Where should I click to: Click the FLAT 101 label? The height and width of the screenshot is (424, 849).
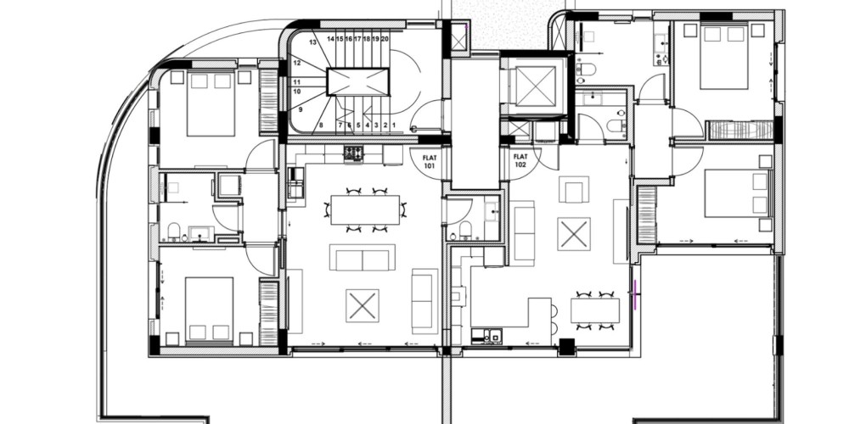[x=429, y=162]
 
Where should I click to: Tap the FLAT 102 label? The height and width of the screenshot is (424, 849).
[x=520, y=160]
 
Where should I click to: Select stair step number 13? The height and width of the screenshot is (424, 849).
[x=312, y=42]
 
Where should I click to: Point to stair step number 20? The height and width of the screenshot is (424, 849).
[x=385, y=39]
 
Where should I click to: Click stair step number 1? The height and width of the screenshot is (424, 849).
[x=394, y=125]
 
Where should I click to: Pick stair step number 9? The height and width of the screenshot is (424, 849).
[x=300, y=109]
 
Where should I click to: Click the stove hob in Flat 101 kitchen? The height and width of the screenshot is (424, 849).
[x=354, y=153]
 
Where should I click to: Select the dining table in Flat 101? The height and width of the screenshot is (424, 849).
[x=365, y=209]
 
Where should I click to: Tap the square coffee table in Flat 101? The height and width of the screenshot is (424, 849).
[x=363, y=305]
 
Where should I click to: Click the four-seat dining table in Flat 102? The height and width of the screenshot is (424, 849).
[x=595, y=310]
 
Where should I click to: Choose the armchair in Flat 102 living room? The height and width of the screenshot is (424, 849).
[x=574, y=189]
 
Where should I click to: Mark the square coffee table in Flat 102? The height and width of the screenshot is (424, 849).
[x=574, y=234]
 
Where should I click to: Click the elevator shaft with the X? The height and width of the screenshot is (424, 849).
[x=536, y=86]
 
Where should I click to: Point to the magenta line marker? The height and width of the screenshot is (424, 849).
[x=635, y=294]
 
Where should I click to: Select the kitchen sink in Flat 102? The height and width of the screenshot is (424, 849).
[x=487, y=336]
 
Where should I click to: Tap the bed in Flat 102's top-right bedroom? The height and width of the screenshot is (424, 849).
[x=724, y=57]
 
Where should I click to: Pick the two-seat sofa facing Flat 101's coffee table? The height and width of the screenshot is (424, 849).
[x=362, y=258]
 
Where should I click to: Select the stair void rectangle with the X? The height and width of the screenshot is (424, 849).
[x=358, y=82]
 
